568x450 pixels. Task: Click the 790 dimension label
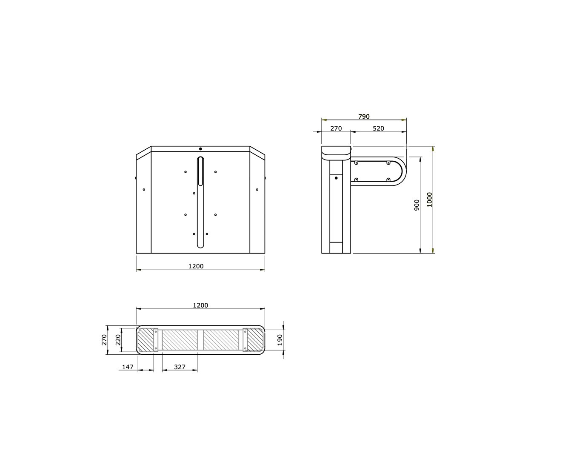click(364, 117)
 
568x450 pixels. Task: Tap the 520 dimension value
click(378, 128)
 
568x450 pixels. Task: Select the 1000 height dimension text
click(430, 199)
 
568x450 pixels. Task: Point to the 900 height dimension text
click(417, 205)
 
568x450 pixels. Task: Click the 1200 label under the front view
click(196, 266)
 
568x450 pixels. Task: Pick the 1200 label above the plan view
click(200, 305)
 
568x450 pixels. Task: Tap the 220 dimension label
click(118, 340)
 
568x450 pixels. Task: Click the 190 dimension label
click(280, 340)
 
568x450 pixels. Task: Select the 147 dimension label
click(128, 367)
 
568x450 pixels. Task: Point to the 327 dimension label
click(180, 367)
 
